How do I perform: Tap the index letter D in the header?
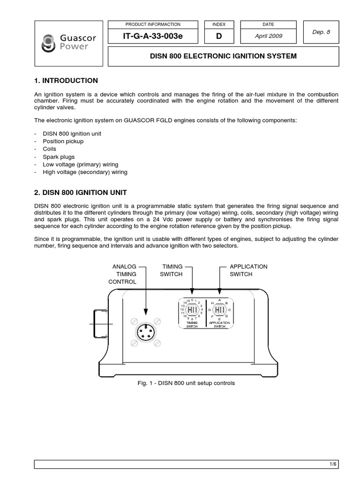click(x=219, y=36)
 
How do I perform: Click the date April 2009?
click(x=269, y=36)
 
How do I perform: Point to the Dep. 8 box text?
click(x=321, y=32)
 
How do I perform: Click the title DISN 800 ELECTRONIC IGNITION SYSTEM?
click(x=223, y=56)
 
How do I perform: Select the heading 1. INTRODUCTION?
click(x=66, y=81)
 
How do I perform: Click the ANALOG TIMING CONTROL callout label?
click(x=122, y=274)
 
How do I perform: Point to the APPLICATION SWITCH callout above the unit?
click(x=248, y=270)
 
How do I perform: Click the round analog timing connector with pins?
click(x=145, y=332)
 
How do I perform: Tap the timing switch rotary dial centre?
click(x=192, y=310)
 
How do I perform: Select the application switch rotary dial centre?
click(x=219, y=310)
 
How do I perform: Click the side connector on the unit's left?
click(x=100, y=323)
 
